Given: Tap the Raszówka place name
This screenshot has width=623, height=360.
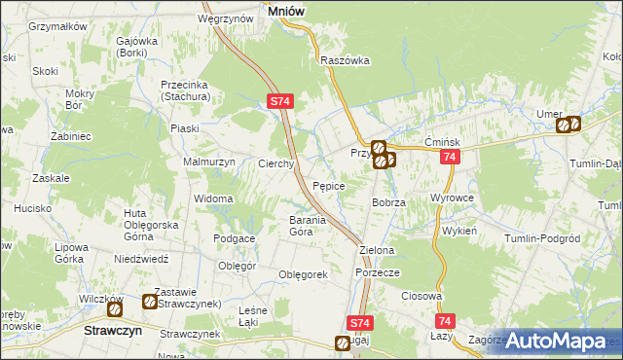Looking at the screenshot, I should pyautogui.click(x=346, y=60).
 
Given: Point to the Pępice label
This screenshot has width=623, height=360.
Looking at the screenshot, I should pyautogui.click(x=329, y=185).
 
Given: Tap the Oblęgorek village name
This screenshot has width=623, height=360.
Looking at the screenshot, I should pyautogui.click(x=303, y=275).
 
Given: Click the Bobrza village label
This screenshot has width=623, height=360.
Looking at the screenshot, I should pyautogui.click(x=388, y=202).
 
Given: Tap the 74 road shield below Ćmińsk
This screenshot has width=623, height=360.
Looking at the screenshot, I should pyautogui.click(x=449, y=158).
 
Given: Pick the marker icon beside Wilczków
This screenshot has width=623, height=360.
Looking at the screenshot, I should pyautogui.click(x=115, y=310).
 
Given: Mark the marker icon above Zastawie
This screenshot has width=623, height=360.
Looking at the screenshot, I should pyautogui.click(x=150, y=303).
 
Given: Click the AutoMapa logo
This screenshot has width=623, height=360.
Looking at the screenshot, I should pyautogui.click(x=556, y=342).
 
